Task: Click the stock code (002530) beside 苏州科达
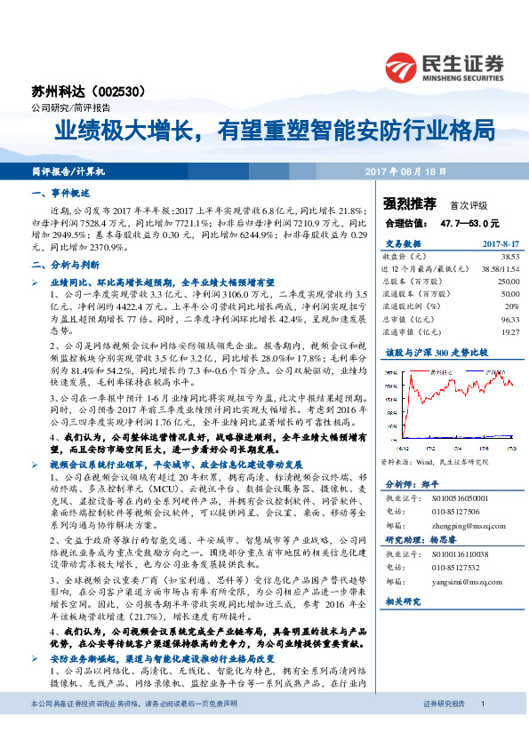(x=133, y=91)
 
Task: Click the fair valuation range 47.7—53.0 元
(x=470, y=222)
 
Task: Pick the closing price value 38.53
(x=509, y=256)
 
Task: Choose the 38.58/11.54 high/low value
(x=500, y=267)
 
